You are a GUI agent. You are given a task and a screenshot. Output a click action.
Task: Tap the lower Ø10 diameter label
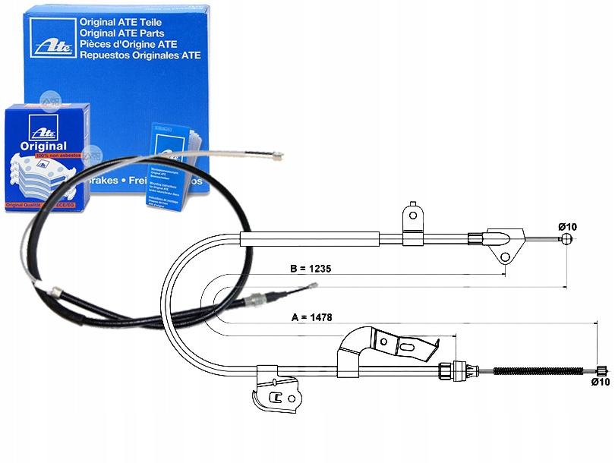[600, 383]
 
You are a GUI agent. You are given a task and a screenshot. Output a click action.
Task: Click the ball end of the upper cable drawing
[566, 240]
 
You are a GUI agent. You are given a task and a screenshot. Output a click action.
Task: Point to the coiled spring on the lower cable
[543, 371]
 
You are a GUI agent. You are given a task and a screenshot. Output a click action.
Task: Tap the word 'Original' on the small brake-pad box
[43, 146]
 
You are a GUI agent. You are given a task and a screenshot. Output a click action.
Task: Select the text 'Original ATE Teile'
[121, 23]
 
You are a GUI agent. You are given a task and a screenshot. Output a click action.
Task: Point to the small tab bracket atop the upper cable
[412, 213]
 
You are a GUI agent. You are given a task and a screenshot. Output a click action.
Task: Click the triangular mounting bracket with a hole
[503, 244]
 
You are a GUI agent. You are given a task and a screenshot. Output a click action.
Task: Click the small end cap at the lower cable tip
[599, 371]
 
